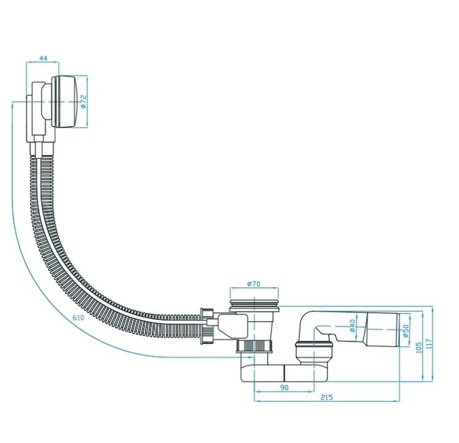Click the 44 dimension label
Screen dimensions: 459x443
pyautogui.click(x=44, y=58)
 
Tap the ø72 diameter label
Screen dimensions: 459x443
pyautogui.click(x=83, y=101)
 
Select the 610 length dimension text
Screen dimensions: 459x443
pyautogui.click(x=78, y=317)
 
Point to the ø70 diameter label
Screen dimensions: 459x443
pyautogui.click(x=254, y=284)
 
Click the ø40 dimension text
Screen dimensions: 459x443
pyautogui.click(x=353, y=326)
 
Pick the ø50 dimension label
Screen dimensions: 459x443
pyautogui.click(x=405, y=331)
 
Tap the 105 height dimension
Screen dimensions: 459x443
pyautogui.click(x=419, y=347)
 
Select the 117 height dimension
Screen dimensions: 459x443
pyautogui.click(x=429, y=344)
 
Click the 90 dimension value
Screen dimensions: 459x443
pyautogui.click(x=284, y=388)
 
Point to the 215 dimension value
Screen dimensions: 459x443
pyautogui.click(x=327, y=397)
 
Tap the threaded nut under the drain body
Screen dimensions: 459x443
pyautogui.click(x=254, y=346)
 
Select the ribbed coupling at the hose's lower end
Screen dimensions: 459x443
pyautogui.click(x=207, y=326)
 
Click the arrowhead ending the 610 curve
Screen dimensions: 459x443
pyautogui.click(x=251, y=357)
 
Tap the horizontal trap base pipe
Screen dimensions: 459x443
pyautogui.click(x=284, y=373)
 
